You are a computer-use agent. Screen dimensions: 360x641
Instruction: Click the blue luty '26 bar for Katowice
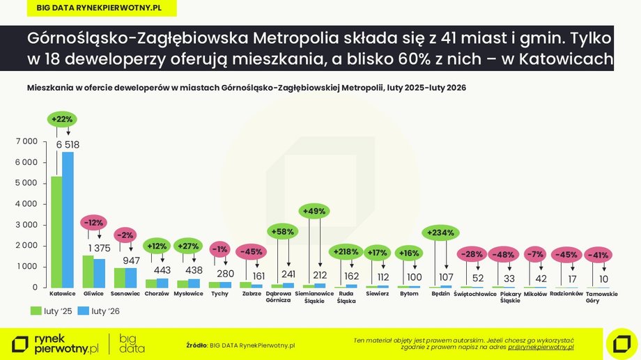pos(68,220)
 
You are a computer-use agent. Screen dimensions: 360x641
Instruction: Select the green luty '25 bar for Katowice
pos(56,233)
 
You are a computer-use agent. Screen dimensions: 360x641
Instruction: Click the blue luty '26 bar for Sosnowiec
pos(131,278)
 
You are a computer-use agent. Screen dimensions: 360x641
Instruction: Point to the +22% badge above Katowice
pos(62,120)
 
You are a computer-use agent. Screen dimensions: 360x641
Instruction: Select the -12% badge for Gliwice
pos(93,223)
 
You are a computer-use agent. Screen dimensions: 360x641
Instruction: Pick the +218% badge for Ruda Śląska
pos(346,251)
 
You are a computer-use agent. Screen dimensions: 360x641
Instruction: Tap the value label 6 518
pos(68,144)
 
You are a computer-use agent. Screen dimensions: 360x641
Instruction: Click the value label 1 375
pos(99,249)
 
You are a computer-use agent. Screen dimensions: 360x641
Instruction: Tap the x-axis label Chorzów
pos(157,294)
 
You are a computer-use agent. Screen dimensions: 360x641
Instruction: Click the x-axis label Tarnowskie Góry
pos(602,297)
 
